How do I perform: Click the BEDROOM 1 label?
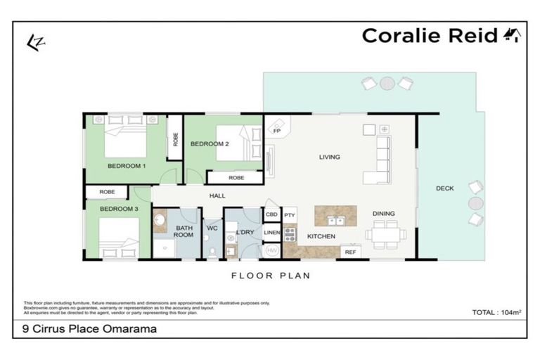(x=127, y=166)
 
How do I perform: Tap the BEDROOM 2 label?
(x=210, y=143)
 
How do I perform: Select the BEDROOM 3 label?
(x=118, y=209)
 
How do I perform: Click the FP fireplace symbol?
(x=276, y=129)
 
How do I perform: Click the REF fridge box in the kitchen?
(x=349, y=251)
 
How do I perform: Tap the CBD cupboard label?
(x=271, y=214)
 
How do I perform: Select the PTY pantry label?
(x=289, y=214)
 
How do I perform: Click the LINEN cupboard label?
(x=271, y=231)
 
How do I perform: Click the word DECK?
(x=444, y=188)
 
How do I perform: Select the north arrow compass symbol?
(x=32, y=41)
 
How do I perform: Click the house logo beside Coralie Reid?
(x=511, y=35)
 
